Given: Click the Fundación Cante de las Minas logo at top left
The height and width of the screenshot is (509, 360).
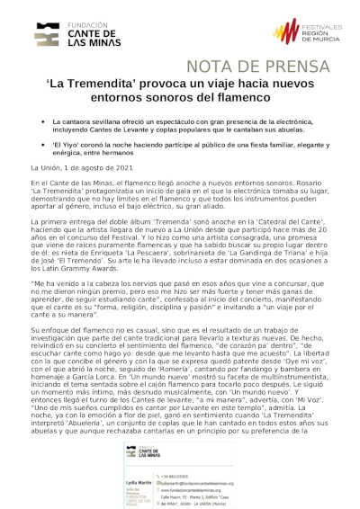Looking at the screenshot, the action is (73, 33).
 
